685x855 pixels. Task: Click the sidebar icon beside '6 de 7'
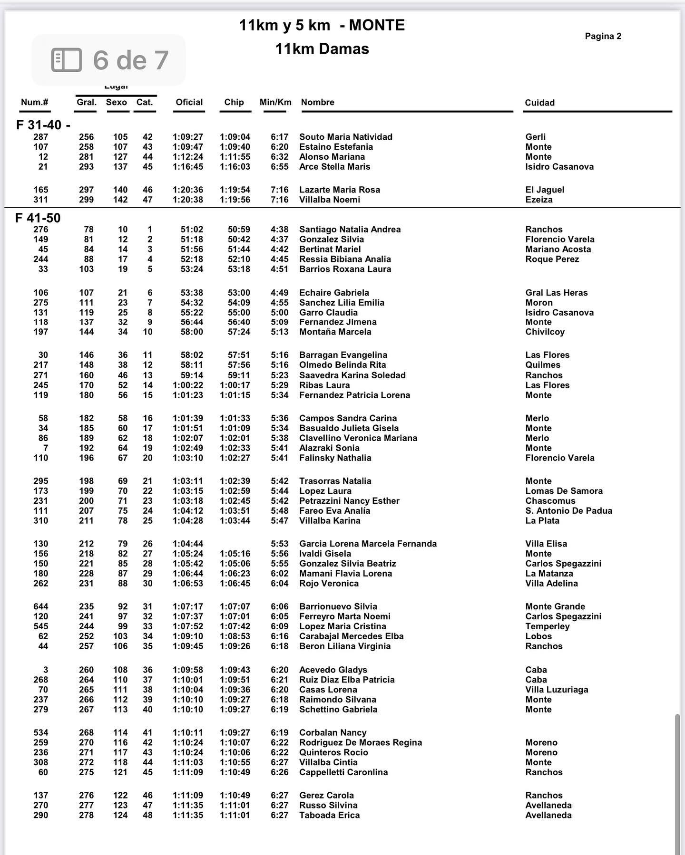click(x=67, y=60)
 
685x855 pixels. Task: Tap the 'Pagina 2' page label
click(x=603, y=36)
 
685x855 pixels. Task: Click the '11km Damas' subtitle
click(x=322, y=49)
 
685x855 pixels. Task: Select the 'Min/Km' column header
click(x=275, y=102)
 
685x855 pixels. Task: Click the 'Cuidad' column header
click(x=539, y=103)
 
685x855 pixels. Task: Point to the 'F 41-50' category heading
click(x=38, y=218)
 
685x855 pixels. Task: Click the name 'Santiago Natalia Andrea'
click(x=350, y=230)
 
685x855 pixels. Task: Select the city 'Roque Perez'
click(x=552, y=259)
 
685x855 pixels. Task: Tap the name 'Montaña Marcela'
click(x=335, y=332)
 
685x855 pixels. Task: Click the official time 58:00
click(x=192, y=332)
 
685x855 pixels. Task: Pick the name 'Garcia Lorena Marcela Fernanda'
click(x=368, y=544)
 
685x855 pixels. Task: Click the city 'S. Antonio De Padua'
click(x=568, y=511)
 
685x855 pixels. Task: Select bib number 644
click(x=41, y=606)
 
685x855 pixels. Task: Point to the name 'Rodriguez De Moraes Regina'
click(x=360, y=742)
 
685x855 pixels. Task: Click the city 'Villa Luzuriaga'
click(x=557, y=690)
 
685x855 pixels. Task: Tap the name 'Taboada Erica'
click(x=329, y=815)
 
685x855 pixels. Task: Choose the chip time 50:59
click(x=239, y=230)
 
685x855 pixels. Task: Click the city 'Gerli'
click(x=535, y=137)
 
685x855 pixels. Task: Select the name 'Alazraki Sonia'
click(x=329, y=448)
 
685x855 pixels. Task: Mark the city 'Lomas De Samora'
click(x=564, y=491)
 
